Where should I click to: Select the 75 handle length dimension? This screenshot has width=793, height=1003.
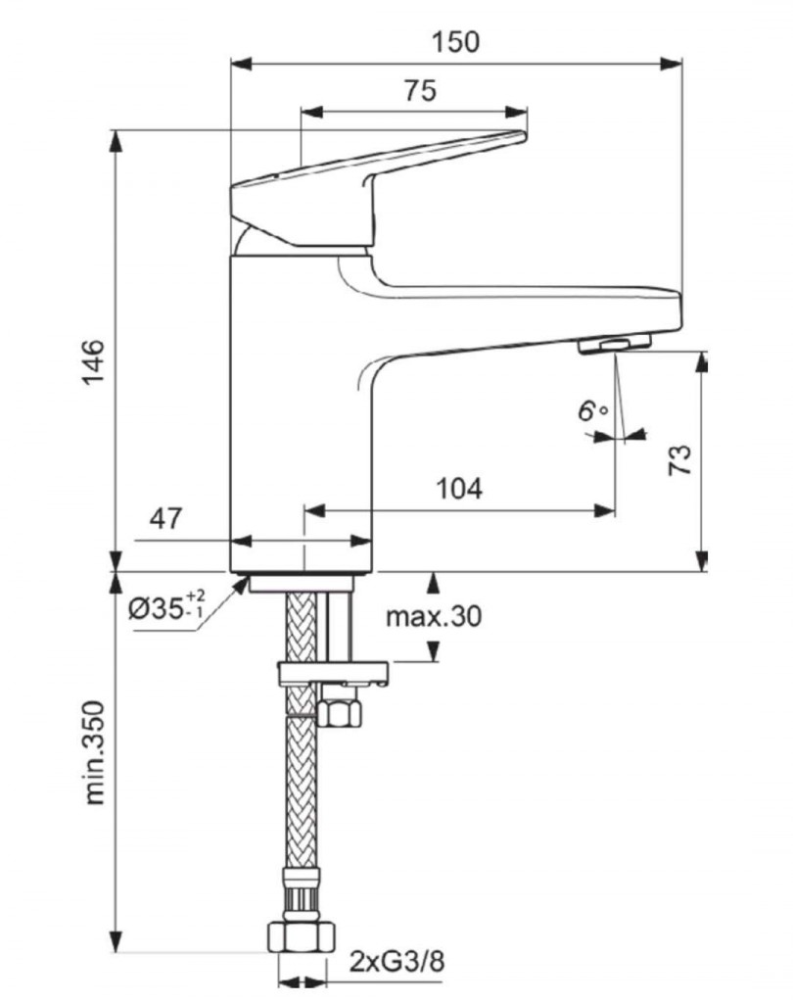419,91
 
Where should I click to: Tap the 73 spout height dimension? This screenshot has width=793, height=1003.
680,458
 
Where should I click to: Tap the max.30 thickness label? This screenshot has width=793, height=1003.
434,616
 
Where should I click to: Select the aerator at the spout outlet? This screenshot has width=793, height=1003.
614,344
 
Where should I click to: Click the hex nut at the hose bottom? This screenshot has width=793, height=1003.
300,934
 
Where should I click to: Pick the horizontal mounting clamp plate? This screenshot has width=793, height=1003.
333,674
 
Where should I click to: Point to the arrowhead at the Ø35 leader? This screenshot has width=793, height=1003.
241,585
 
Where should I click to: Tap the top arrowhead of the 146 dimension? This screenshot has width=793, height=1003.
116,140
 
